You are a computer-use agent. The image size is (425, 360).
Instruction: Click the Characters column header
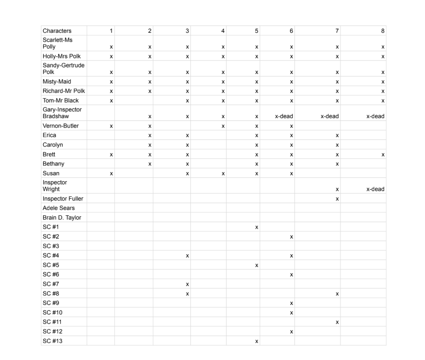coord(57,31)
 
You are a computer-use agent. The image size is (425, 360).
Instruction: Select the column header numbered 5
coord(256,31)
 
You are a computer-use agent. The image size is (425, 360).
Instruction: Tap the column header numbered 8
coord(382,31)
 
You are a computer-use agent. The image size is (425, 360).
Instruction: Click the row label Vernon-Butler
coord(61,126)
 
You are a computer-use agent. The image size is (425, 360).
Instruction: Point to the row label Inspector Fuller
coord(63,199)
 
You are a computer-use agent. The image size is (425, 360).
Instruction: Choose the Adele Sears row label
coord(58,208)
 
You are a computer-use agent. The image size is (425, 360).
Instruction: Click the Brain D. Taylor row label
coord(62,218)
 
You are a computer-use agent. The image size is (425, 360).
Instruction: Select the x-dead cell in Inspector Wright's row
coord(375,189)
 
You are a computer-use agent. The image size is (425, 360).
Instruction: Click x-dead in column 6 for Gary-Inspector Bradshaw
coord(284,116)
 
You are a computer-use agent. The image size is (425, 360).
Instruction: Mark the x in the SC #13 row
coord(256,341)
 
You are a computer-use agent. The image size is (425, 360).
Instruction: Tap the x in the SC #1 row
coord(256,227)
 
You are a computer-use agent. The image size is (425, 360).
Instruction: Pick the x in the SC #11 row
coord(337,322)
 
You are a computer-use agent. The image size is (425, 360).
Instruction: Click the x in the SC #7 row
coord(187,284)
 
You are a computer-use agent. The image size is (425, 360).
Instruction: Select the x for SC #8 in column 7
coord(337,294)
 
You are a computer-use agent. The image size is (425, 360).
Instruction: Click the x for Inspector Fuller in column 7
coord(337,199)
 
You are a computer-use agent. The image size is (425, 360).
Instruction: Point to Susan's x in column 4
coord(223,173)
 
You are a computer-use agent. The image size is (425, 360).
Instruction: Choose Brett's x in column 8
coord(382,154)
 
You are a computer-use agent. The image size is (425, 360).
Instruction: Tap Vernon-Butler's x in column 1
coord(111,126)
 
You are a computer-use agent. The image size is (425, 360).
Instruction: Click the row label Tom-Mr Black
coord(61,101)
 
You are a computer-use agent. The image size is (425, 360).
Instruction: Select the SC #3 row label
coord(51,246)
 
